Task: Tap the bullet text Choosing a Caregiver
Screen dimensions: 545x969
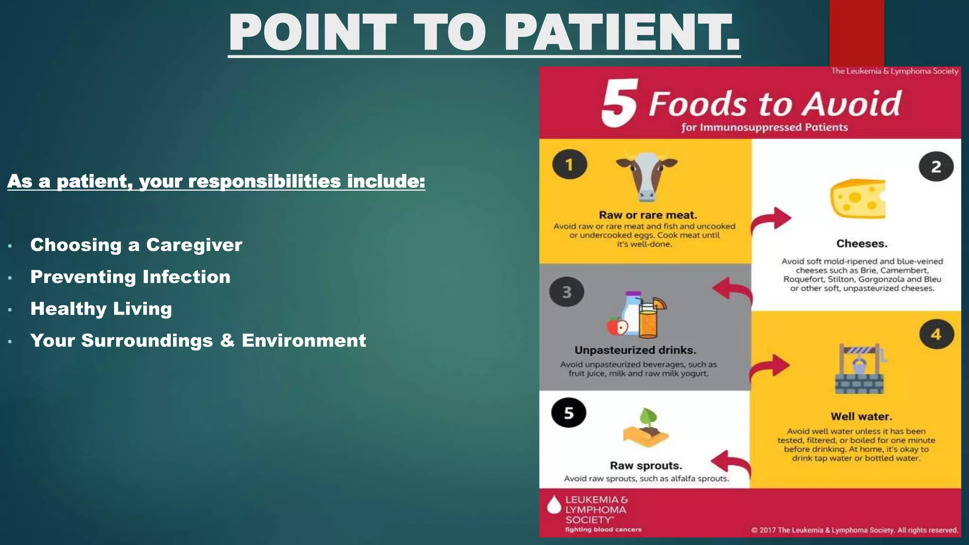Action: point(136,245)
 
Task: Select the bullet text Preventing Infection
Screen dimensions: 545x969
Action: point(131,277)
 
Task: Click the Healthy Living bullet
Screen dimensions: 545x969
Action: point(101,308)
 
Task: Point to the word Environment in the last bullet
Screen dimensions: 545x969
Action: point(304,341)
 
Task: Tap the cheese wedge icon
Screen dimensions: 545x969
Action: point(857,199)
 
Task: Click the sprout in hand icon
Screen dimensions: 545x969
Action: point(646,428)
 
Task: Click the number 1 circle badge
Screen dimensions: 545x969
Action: point(569,165)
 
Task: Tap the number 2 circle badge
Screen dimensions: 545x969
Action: point(936,167)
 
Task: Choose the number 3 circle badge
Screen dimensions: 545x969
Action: point(566,292)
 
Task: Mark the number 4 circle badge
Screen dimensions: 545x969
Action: point(936,334)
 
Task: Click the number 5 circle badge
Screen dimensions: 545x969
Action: point(568,413)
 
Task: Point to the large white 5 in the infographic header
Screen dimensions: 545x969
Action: point(620,103)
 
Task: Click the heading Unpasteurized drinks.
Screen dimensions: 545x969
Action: point(635,350)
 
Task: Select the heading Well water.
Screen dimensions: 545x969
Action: point(861,416)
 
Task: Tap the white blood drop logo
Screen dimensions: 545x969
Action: point(554,505)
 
